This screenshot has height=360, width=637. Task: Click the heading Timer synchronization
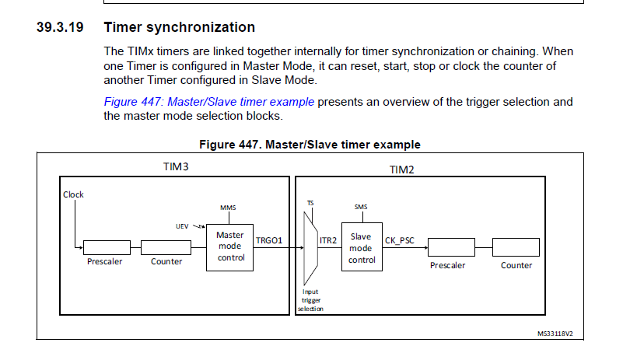click(x=179, y=27)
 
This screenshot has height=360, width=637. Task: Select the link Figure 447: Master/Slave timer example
click(x=209, y=102)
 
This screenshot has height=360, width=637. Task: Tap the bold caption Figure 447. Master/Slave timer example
click(x=310, y=145)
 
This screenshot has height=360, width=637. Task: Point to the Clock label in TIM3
click(x=74, y=194)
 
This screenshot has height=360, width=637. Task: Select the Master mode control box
click(x=231, y=246)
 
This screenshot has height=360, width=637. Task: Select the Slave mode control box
click(x=362, y=248)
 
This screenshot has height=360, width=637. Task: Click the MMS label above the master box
click(x=228, y=208)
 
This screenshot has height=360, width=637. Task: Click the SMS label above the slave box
click(x=361, y=208)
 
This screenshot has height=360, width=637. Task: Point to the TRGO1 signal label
click(x=268, y=241)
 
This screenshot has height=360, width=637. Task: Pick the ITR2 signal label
click(x=328, y=241)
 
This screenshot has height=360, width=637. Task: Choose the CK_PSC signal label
click(x=401, y=241)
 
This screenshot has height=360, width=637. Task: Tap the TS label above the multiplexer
click(x=310, y=202)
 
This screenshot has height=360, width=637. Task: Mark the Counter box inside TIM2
click(x=516, y=247)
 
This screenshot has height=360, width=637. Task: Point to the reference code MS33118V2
click(x=560, y=332)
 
